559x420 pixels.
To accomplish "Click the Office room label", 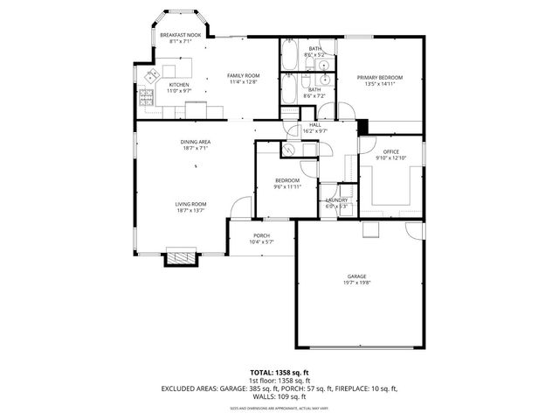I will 390,151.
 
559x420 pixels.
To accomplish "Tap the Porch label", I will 261,235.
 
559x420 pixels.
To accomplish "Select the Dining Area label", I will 196,142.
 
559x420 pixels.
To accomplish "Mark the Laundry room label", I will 337,200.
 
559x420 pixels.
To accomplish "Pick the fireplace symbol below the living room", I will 183,257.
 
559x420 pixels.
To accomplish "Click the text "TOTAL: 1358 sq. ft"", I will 279,373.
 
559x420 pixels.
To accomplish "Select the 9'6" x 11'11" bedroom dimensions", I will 286,186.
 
